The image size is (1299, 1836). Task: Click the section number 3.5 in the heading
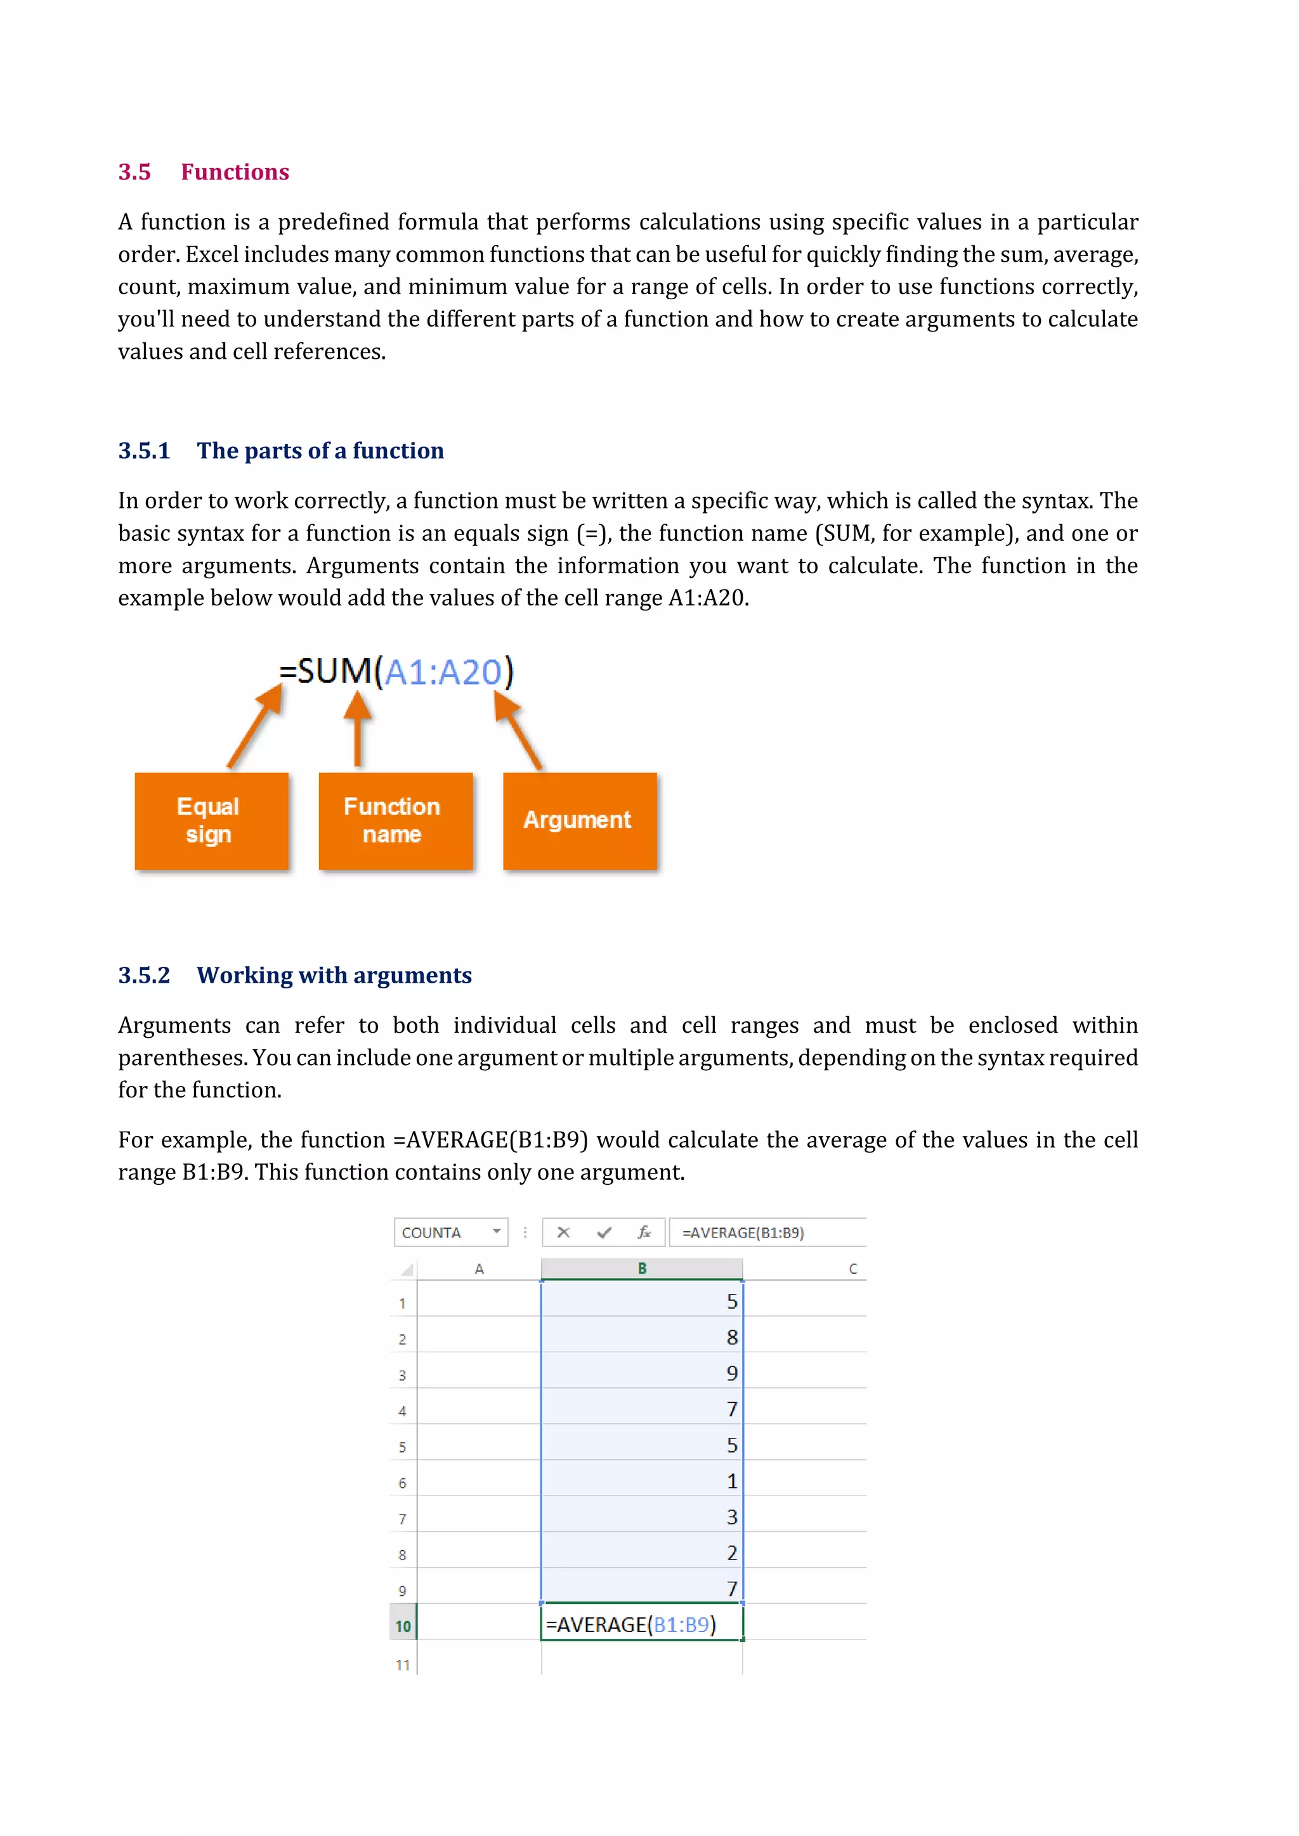(x=134, y=172)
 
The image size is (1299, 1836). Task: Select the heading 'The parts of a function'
(x=320, y=451)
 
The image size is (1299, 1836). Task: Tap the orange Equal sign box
(x=211, y=820)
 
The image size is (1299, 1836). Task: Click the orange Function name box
(x=395, y=820)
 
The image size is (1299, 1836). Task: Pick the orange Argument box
(x=579, y=820)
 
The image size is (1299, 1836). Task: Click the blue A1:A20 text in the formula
(x=443, y=672)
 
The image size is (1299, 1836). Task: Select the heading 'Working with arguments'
(x=334, y=976)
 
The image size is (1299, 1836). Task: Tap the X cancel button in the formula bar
(x=563, y=1232)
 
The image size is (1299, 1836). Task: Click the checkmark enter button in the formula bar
(x=604, y=1232)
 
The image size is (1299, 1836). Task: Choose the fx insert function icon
(x=644, y=1232)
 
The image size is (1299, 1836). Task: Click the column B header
(x=641, y=1268)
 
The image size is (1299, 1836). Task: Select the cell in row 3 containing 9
(x=641, y=1373)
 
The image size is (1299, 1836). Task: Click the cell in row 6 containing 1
(x=641, y=1481)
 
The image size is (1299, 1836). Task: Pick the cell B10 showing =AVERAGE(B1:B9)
(x=641, y=1624)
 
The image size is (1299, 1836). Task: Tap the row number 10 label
(x=402, y=1626)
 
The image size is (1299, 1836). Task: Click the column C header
(x=852, y=1268)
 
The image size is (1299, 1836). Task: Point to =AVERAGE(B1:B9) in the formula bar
(x=742, y=1232)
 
